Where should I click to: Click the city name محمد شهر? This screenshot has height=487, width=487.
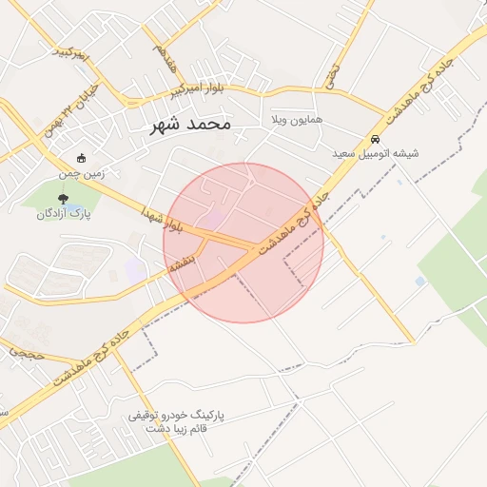(190, 125)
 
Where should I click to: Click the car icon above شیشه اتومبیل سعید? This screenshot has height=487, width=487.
(376, 139)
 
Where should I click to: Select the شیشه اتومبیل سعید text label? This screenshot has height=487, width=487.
(376, 153)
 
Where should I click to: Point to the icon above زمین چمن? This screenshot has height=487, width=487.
(82, 159)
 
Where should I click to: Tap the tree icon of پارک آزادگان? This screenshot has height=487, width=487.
(63, 200)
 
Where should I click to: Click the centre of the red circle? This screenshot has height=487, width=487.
(243, 243)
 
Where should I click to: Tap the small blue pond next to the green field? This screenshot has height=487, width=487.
(420, 282)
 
